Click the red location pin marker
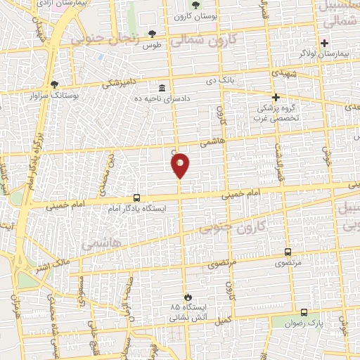pyautogui.click(x=180, y=165)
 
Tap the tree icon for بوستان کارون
pyautogui.click(x=195, y=6)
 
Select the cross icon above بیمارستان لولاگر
pyautogui.click(x=324, y=43)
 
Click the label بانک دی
pyautogui.click(x=219, y=81)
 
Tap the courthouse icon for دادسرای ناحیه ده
pyautogui.click(x=163, y=89)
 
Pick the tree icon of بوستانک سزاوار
pyautogui.click(x=54, y=84)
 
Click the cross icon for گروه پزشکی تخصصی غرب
pyautogui.click(x=276, y=97)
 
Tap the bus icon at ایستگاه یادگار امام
pyautogui.click(x=136, y=198)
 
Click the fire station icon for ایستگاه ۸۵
pyautogui.click(x=187, y=297)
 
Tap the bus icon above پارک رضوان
pyautogui.click(x=304, y=312)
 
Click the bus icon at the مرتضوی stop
pyautogui.click(x=288, y=252)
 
